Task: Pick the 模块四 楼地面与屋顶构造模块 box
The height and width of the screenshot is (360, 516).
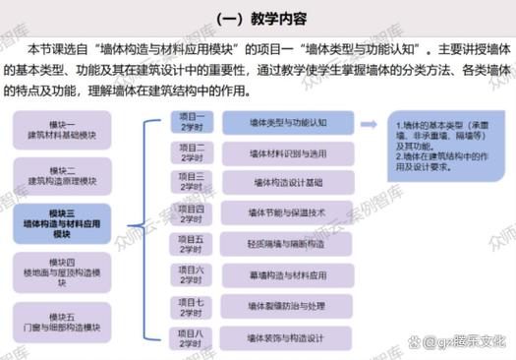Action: coord(62,271)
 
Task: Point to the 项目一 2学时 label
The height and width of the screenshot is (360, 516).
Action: coord(192,122)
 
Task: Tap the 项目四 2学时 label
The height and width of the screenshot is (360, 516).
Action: coord(192,213)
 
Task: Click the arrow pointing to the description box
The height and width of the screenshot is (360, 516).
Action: coord(368,123)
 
